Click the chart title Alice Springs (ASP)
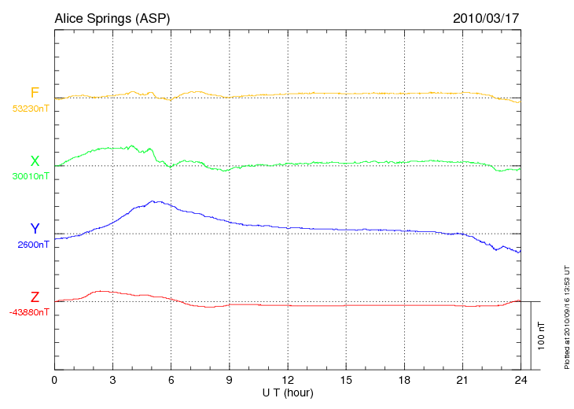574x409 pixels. tap(112, 18)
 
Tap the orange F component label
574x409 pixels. tap(35, 93)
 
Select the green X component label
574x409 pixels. tap(35, 161)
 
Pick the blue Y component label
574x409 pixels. tap(35, 229)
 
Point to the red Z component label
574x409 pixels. tap(35, 297)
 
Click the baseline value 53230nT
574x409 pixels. tap(30, 109)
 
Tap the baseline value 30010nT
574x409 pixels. tap(30, 176)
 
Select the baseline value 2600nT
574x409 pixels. tap(33, 245)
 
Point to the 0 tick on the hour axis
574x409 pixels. tap(54, 380)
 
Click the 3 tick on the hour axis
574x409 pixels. tap(113, 380)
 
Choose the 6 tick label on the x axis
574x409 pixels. tap(171, 380)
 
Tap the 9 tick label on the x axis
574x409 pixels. tap(230, 380)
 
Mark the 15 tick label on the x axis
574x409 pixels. tap(346, 380)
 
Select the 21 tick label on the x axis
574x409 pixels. tap(462, 380)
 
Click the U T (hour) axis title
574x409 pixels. tap(288, 392)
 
